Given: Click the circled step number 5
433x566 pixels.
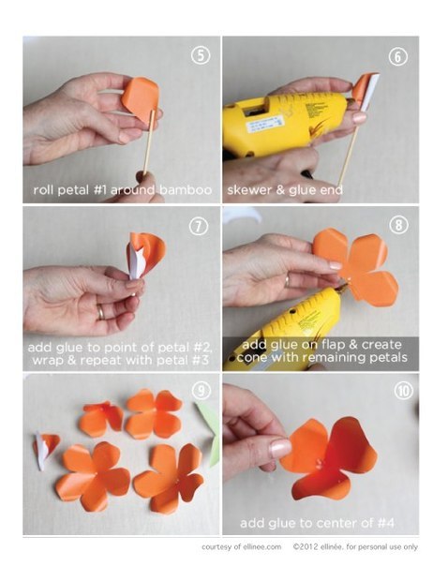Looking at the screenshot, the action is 200,55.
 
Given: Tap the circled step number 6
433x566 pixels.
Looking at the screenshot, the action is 397,56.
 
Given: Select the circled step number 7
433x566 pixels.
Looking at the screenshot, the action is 199,227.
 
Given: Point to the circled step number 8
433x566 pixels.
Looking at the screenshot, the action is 398,225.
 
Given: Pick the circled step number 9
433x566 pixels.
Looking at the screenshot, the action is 202,390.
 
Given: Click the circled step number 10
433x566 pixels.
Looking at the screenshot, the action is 403,391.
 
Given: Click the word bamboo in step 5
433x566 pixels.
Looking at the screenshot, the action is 186,189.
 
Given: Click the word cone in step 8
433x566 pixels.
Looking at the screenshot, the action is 252,358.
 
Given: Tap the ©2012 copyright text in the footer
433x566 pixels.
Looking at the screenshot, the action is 306,547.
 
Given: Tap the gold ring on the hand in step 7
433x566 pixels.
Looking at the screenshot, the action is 101,312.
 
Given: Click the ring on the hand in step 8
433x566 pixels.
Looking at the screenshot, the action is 288,281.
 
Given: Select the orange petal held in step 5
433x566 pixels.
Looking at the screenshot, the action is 141,97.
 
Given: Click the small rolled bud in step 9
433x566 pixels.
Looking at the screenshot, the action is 46,449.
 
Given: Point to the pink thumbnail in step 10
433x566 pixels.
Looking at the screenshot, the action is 280,448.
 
